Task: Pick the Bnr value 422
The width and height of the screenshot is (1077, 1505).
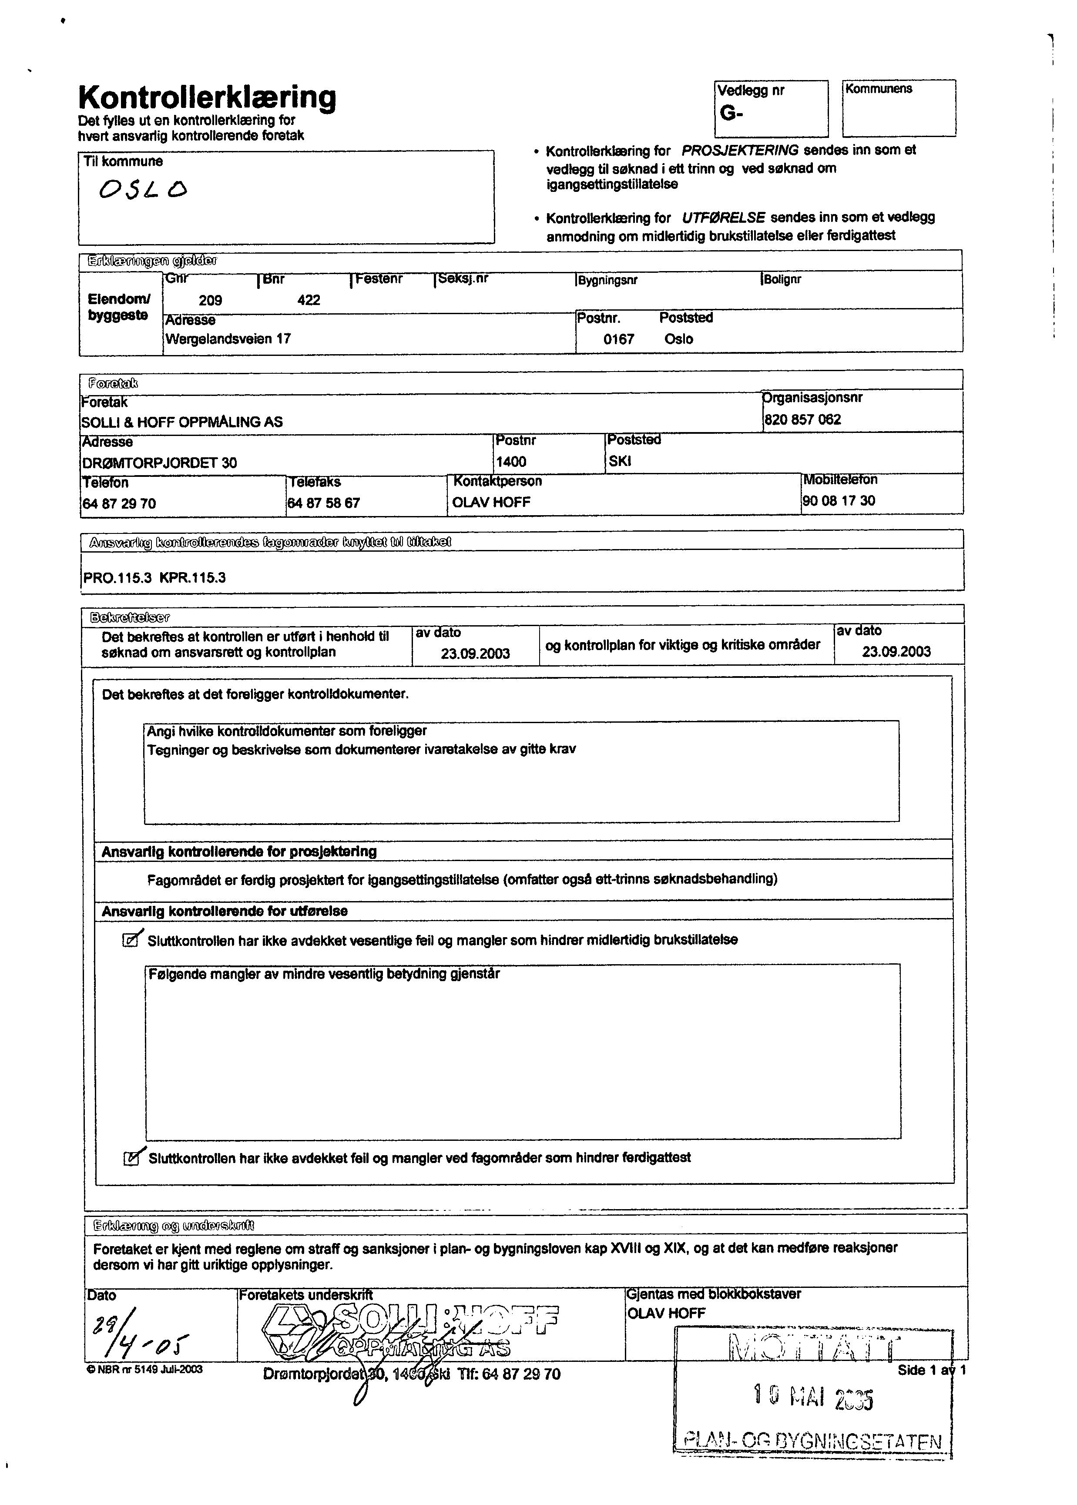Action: point(309,300)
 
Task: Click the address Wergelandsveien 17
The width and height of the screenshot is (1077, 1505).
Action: point(228,339)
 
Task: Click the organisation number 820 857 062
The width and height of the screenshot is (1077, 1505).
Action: point(802,420)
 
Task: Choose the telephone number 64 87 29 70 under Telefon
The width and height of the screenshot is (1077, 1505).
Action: point(119,504)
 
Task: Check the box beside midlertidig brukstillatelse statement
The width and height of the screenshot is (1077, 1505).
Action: point(131,940)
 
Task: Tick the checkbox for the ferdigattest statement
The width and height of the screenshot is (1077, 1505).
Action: point(131,1158)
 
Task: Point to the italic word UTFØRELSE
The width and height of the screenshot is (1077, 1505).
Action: point(723,218)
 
